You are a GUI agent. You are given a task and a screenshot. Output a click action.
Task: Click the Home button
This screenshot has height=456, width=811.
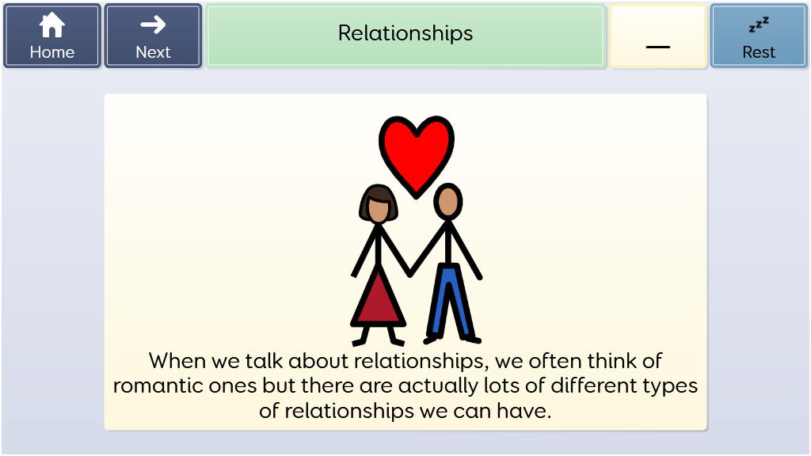pos(51,36)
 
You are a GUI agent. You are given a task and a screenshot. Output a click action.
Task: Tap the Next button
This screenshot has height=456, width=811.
pos(153,36)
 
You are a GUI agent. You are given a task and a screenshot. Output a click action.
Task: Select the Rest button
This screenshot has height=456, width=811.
pos(759,36)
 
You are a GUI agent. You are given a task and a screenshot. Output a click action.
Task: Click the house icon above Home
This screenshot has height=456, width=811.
pos(52,25)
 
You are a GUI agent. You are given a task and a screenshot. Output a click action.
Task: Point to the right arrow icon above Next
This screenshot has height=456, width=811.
pos(153,25)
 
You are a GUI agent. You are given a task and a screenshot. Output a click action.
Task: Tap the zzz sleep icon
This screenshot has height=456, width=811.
pos(759,25)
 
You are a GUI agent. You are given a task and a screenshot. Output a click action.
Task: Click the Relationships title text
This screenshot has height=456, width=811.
pos(405,33)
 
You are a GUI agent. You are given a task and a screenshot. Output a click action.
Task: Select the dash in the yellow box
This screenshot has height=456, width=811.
pos(658,47)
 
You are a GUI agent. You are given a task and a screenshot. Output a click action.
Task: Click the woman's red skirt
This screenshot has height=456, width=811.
pos(378,300)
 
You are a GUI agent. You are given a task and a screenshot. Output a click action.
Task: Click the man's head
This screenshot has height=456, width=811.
pos(448,200)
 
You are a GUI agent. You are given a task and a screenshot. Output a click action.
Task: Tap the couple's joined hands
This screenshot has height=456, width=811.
pos(409,272)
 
